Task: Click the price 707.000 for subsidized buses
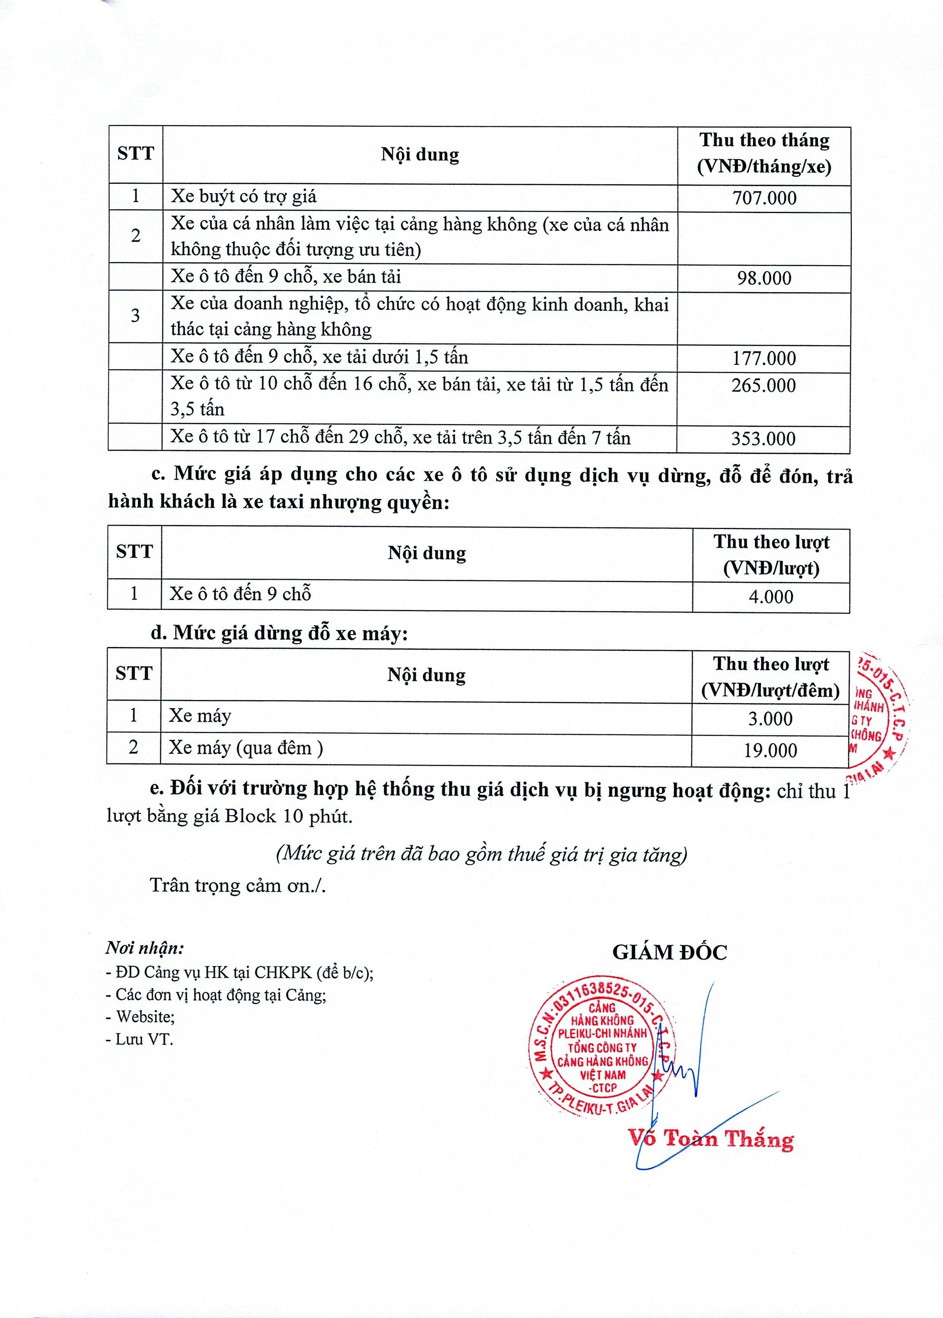(x=764, y=198)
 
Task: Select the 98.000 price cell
(x=764, y=278)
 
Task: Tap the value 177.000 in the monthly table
(x=764, y=358)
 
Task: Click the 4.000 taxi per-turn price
(x=771, y=597)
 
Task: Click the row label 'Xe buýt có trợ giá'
(x=243, y=196)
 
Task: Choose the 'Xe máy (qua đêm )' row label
(x=246, y=748)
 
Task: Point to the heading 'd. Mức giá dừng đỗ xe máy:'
(x=279, y=633)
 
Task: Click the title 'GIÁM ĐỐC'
(x=669, y=953)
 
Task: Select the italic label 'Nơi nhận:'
(x=145, y=949)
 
